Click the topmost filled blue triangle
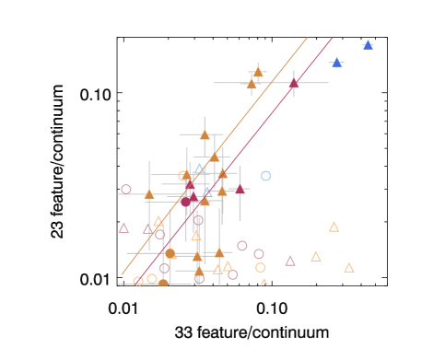tap(368, 44)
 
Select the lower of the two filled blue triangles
tap(336, 63)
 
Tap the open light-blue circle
tap(265, 176)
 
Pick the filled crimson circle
tap(185, 202)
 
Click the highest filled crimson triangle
tap(294, 83)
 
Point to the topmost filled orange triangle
tap(258, 71)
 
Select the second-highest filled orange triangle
tap(251, 84)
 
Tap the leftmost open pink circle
tap(126, 190)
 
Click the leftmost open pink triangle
tap(124, 227)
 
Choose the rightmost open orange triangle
tap(349, 268)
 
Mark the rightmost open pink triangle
tap(290, 261)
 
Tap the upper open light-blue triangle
tap(199, 169)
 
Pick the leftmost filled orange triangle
tap(149, 194)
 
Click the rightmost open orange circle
tap(261, 268)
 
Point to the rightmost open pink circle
tap(259, 254)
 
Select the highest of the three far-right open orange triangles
tap(334, 226)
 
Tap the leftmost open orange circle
tap(138, 282)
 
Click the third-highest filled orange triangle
tap(205, 134)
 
